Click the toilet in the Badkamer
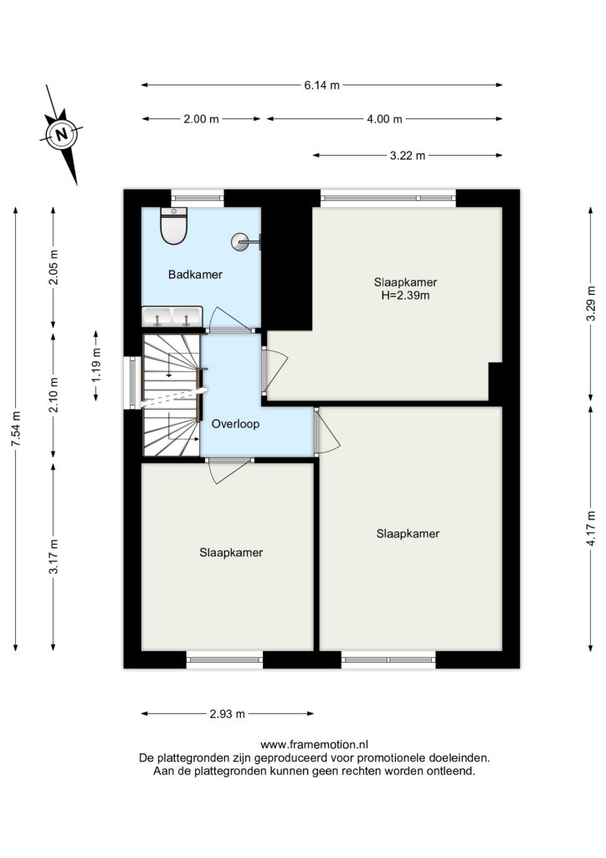click(174, 226)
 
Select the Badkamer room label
click(195, 275)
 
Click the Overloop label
click(235, 424)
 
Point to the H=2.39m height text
click(405, 296)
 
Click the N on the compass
click(62, 134)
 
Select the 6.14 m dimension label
click(322, 85)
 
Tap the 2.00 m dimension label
click(201, 119)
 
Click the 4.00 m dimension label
click(385, 119)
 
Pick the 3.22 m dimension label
click(408, 156)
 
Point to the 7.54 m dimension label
click(16, 429)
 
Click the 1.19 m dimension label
click(96, 365)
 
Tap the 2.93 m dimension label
click(228, 714)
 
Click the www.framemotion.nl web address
click(314, 744)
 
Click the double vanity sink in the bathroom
click(172, 316)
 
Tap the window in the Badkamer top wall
click(198, 198)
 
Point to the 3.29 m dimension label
click(591, 305)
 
